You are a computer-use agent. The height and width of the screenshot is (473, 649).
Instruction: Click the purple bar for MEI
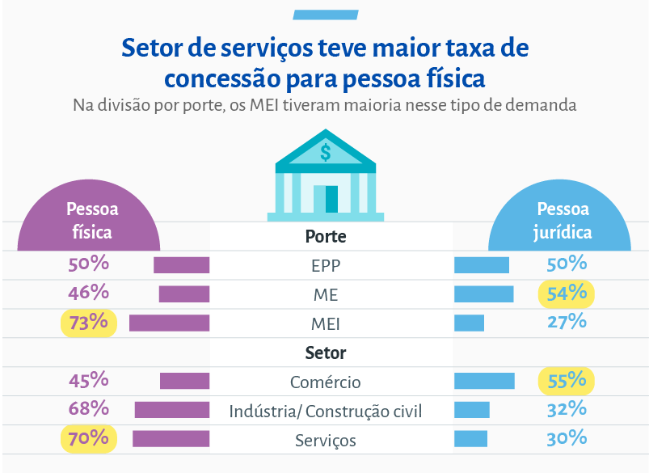click(x=169, y=323)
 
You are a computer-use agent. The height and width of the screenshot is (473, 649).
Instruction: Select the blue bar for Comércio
click(x=484, y=381)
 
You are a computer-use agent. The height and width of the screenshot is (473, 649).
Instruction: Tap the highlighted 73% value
click(x=89, y=323)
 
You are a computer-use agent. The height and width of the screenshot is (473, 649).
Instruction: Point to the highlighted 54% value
click(x=566, y=294)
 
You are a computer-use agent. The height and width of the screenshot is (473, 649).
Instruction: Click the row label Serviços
click(x=325, y=441)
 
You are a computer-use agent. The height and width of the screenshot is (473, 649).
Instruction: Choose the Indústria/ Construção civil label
click(x=325, y=412)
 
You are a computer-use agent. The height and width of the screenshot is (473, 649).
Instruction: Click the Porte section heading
click(x=325, y=237)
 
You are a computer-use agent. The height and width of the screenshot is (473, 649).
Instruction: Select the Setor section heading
click(x=325, y=353)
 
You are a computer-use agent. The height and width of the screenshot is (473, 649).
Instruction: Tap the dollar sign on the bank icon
click(x=325, y=151)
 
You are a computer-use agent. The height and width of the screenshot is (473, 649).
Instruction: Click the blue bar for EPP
click(x=482, y=265)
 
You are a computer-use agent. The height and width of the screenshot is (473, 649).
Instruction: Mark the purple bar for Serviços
click(x=171, y=439)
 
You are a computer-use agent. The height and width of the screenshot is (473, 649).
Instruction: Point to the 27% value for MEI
click(x=566, y=322)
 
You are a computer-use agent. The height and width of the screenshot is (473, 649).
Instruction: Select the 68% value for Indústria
click(x=89, y=409)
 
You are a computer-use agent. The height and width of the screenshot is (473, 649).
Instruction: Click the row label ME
click(x=325, y=295)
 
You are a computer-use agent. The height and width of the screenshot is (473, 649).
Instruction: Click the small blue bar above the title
click(x=324, y=15)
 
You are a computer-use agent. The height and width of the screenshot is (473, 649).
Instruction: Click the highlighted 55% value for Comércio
click(x=566, y=380)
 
